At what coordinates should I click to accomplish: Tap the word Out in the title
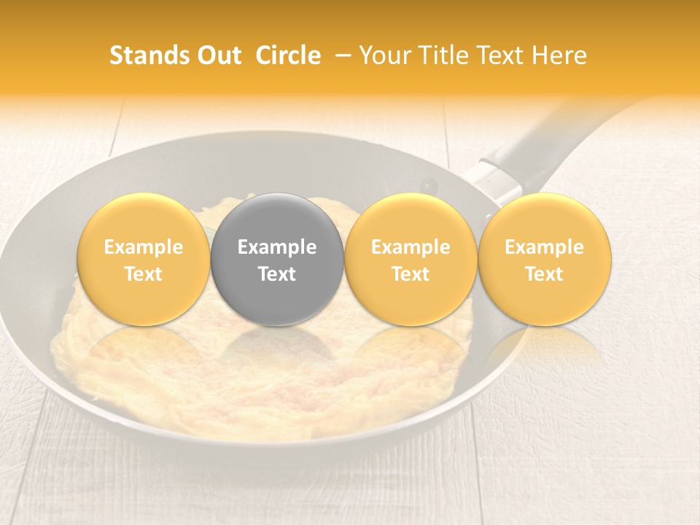219,55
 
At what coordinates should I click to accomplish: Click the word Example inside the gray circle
277,247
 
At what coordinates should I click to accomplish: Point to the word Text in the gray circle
277,273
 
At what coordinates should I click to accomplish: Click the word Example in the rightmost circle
545,247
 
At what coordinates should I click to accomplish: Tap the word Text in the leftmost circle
144,273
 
